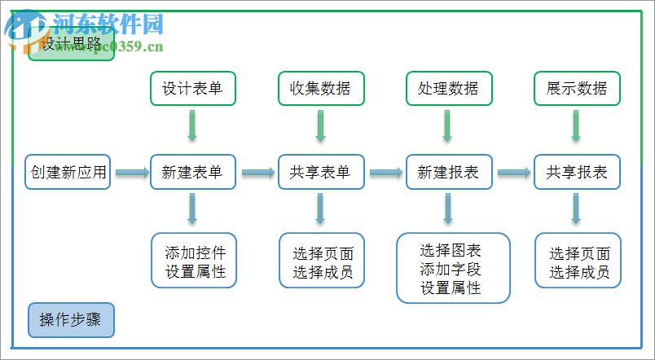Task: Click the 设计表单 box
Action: [x=193, y=88]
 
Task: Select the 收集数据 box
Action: [x=320, y=88]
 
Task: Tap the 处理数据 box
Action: [x=448, y=88]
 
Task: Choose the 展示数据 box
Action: [x=576, y=88]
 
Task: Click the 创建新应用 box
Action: [x=68, y=172]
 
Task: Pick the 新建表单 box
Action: [x=193, y=172]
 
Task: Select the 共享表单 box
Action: [x=320, y=172]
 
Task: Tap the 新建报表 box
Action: [x=448, y=172]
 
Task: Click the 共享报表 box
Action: [x=576, y=172]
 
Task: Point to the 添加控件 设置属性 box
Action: [x=194, y=260]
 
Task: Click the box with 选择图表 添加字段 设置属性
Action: [x=452, y=268]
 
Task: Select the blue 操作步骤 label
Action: [x=71, y=320]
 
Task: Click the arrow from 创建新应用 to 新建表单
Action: [x=130, y=172]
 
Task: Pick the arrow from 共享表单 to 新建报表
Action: [x=385, y=172]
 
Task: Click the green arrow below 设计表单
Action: [x=193, y=126]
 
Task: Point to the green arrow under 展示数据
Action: [x=576, y=126]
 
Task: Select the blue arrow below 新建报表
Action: [x=448, y=209]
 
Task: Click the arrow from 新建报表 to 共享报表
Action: [x=513, y=172]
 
